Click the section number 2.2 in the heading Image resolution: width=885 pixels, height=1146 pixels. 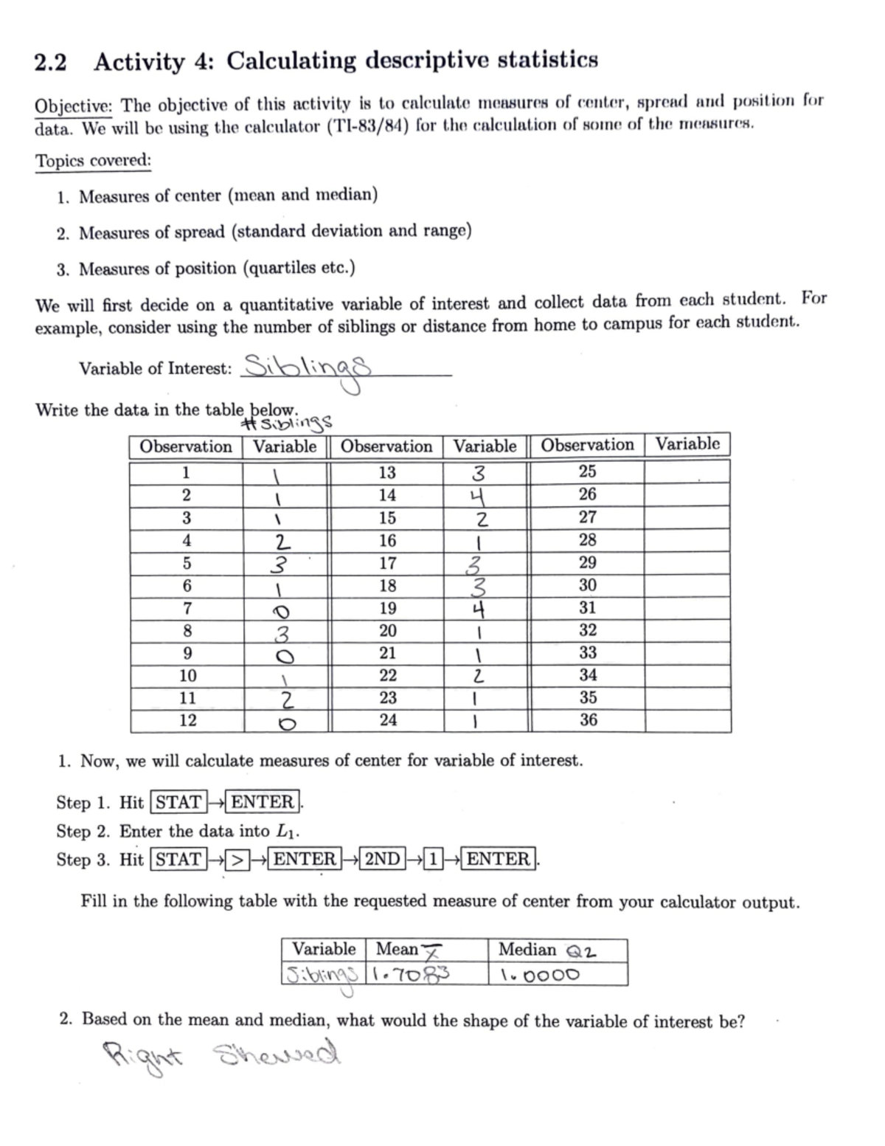click(x=50, y=63)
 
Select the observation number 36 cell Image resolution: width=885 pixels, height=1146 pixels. click(x=588, y=720)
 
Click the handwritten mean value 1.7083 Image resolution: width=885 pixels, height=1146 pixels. click(x=412, y=975)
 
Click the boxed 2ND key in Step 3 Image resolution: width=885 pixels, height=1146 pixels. click(x=383, y=859)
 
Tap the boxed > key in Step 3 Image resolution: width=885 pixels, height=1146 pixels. click(x=236, y=860)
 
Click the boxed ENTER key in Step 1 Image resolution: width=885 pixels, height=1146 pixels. click(x=263, y=802)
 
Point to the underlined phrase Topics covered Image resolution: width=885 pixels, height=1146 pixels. click(x=93, y=161)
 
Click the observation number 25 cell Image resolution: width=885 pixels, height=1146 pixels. click(x=588, y=472)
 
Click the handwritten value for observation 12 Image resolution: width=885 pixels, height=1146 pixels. click(x=286, y=722)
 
